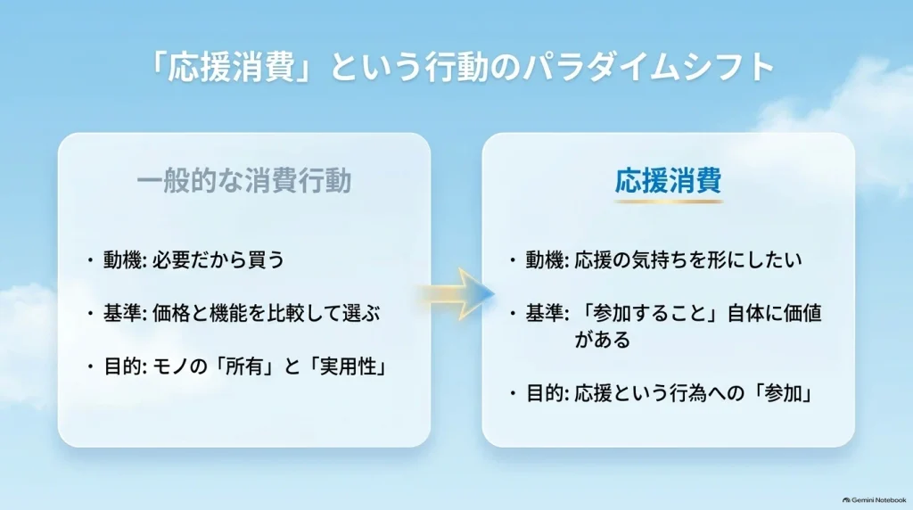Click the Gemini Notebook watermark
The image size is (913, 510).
pos(875,500)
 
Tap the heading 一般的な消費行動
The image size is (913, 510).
pos(244,180)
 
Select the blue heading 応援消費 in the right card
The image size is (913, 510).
pos(669,180)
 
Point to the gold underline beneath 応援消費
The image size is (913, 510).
pos(669,202)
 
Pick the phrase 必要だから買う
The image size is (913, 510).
pos(218,259)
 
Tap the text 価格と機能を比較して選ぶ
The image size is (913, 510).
pos(266,314)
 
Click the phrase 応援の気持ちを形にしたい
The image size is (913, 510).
pos(688,259)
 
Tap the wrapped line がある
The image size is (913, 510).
pos(603,340)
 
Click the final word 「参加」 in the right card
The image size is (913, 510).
pos(781,394)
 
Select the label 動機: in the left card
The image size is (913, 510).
pos(125,259)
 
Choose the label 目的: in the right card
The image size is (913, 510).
pos(547,394)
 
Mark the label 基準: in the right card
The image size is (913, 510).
pos(547,314)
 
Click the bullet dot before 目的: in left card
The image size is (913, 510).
pos(90,367)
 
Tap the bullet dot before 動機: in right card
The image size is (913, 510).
pos(513,259)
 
